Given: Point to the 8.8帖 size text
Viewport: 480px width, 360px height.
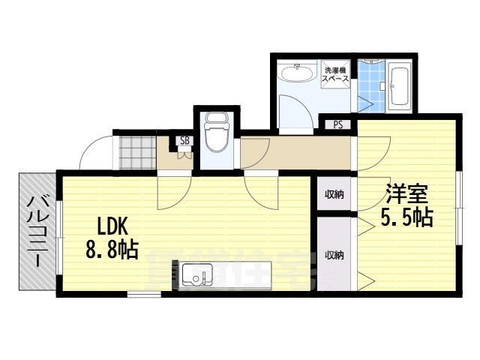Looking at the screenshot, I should pos(113,250).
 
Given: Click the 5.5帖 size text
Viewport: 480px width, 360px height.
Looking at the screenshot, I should pos(406,217).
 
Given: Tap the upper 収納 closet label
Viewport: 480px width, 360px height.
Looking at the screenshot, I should pos(334,196).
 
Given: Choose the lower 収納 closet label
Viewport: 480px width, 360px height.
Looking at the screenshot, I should pos(334,255).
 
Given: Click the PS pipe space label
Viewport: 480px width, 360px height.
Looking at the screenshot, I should pos(337,125).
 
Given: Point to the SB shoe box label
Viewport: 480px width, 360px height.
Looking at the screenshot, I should pos(184,140).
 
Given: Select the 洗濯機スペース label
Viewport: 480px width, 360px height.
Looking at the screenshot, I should pos(334,73).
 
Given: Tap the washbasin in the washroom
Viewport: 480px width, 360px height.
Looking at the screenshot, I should pos(296,73).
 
